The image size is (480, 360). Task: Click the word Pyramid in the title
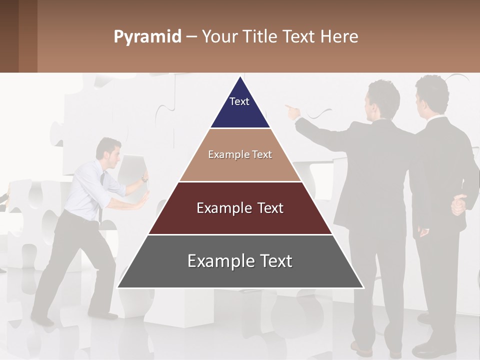pyautogui.click(x=147, y=37)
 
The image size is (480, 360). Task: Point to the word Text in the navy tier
pyautogui.click(x=239, y=101)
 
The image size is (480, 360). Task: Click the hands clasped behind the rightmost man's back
pyautogui.click(x=458, y=205)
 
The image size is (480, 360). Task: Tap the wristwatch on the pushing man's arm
pyautogui.click(x=144, y=178)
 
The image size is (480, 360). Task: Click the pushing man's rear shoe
pyautogui.click(x=42, y=319)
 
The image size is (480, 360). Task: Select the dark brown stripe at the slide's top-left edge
pyautogui.click(x=9, y=36)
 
